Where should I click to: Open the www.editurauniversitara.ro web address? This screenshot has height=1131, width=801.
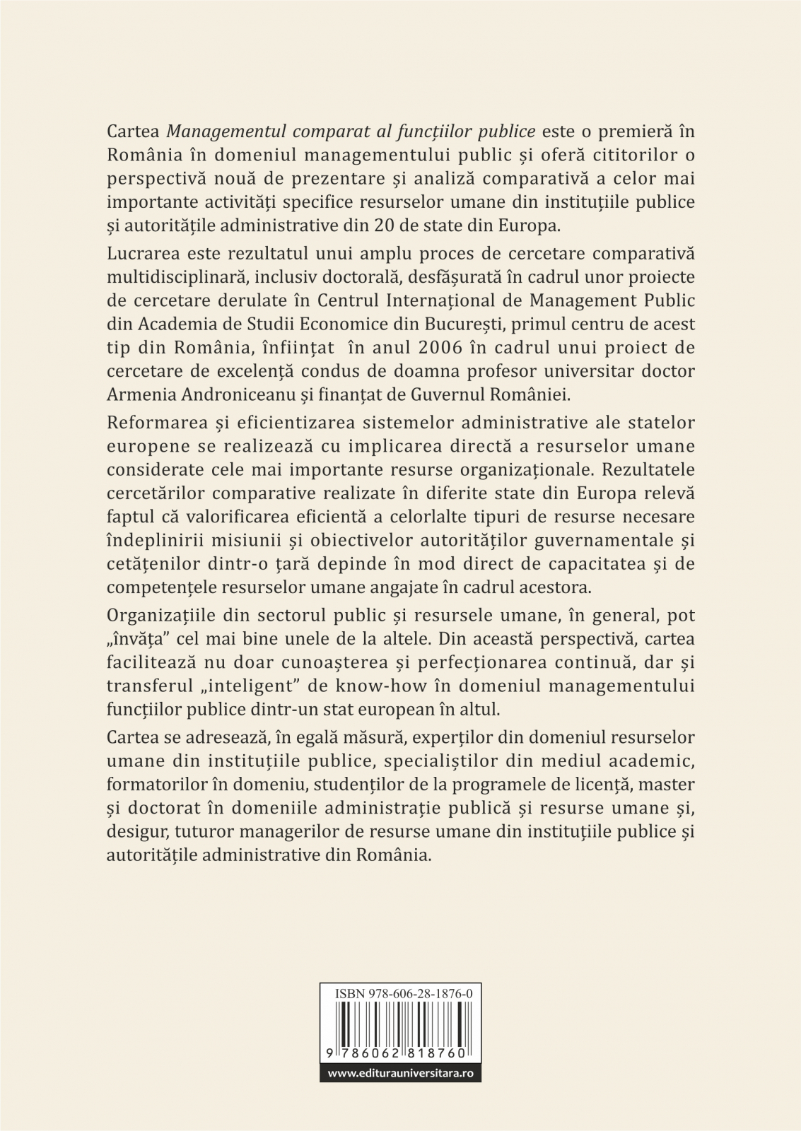click(x=400, y=1073)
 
